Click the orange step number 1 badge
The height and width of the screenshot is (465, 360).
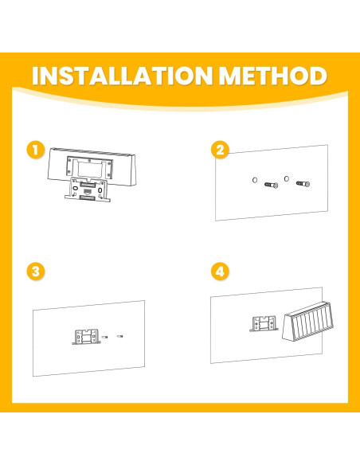[36, 150]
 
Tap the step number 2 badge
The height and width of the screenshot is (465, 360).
[220, 150]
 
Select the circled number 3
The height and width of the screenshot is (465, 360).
[36, 272]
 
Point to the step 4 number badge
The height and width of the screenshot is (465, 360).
[220, 272]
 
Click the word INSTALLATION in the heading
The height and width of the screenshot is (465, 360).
[122, 76]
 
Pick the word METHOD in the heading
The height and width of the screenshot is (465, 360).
[273, 76]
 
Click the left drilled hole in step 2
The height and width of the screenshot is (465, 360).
[255, 180]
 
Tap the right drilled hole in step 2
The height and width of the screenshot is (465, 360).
[287, 178]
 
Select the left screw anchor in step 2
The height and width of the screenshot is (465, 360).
[272, 185]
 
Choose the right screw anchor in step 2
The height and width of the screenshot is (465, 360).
[303, 184]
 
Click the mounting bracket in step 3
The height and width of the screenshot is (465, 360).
[86, 337]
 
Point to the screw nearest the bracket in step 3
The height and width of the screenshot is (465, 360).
[104, 337]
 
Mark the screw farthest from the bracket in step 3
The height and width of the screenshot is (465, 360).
[119, 336]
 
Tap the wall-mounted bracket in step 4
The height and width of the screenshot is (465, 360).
[264, 323]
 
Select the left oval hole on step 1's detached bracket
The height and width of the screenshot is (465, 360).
[76, 189]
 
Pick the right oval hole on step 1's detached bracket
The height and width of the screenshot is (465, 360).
[100, 190]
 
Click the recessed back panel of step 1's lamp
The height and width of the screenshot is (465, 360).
[90, 169]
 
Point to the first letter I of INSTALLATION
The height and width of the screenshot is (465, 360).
[35, 76]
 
